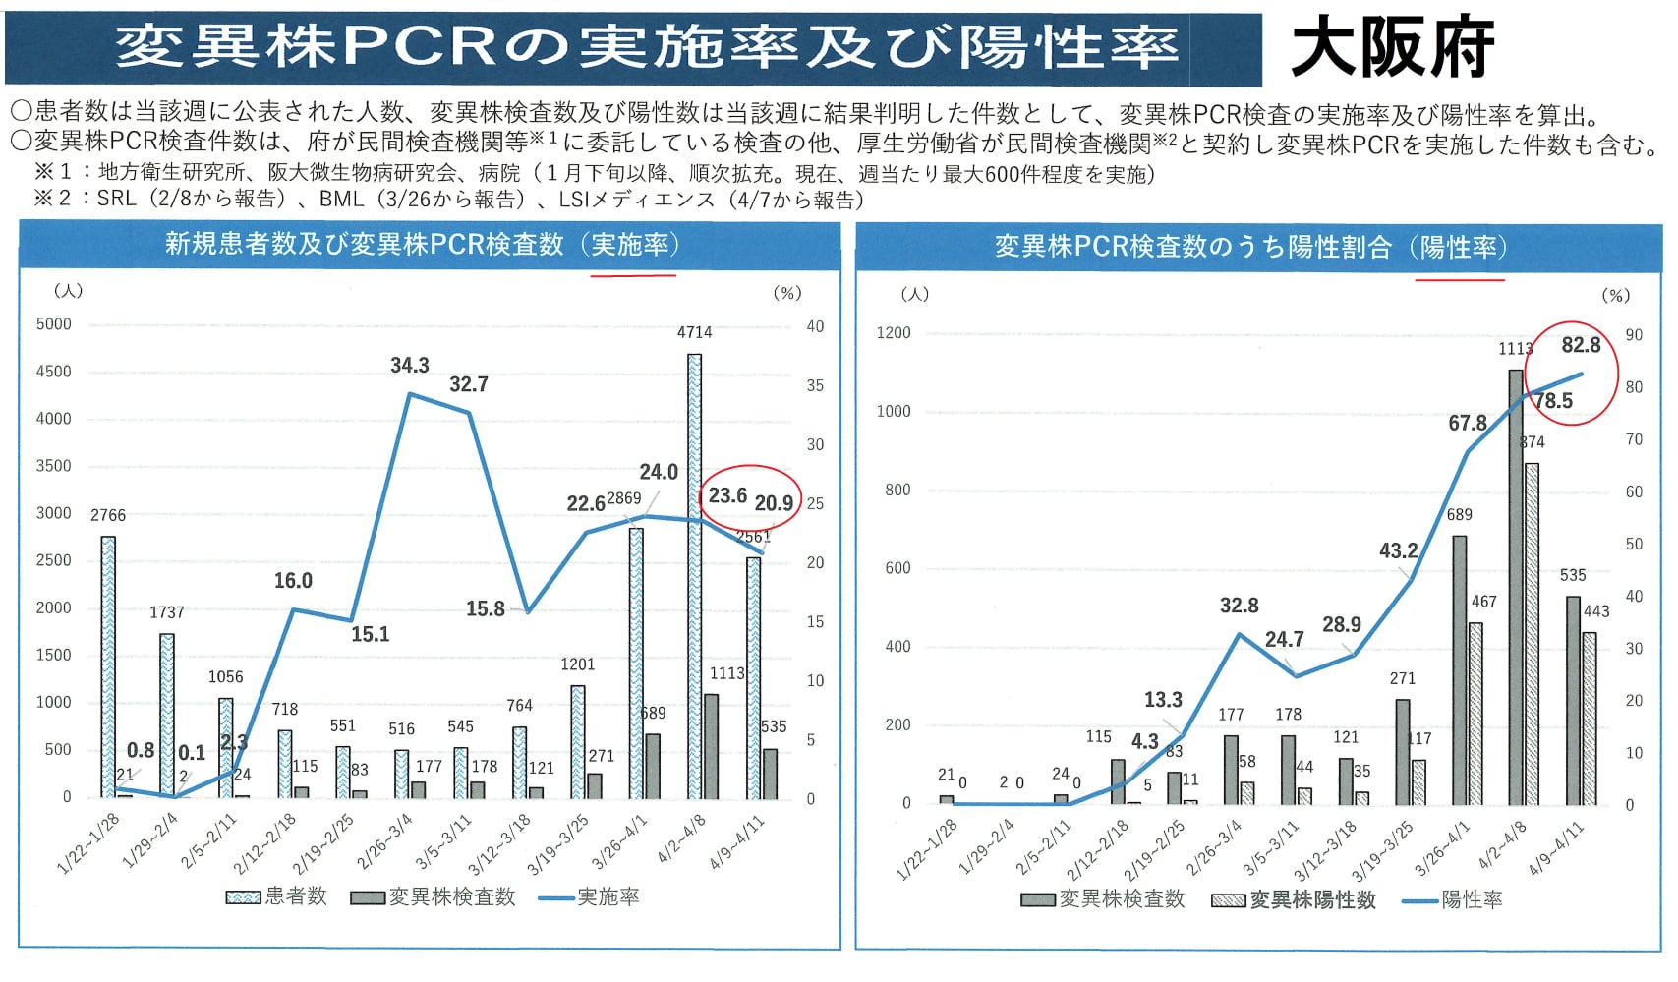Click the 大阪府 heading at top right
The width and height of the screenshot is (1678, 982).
(x=1392, y=47)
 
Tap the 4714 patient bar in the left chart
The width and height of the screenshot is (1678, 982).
(x=694, y=575)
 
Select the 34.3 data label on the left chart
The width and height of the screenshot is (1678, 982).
(x=410, y=366)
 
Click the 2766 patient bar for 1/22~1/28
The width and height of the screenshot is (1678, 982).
(x=108, y=666)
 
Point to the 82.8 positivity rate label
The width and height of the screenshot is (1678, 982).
(x=1581, y=345)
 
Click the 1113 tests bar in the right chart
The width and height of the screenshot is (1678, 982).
(x=1516, y=587)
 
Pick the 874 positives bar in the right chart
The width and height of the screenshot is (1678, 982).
(x=1532, y=633)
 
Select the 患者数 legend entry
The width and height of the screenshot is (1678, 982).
(x=277, y=896)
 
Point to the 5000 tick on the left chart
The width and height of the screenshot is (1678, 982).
(x=54, y=324)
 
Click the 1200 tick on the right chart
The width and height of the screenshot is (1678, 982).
(x=894, y=333)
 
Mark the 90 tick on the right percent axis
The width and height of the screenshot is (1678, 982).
(x=1634, y=335)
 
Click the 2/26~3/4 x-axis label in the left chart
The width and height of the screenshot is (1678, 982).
(x=385, y=841)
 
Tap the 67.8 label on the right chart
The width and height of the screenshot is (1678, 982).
(x=1467, y=424)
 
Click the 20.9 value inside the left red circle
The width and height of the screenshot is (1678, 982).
(x=774, y=503)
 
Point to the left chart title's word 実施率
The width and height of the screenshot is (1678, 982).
(x=629, y=244)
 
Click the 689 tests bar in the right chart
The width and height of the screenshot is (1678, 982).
(x=1459, y=668)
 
